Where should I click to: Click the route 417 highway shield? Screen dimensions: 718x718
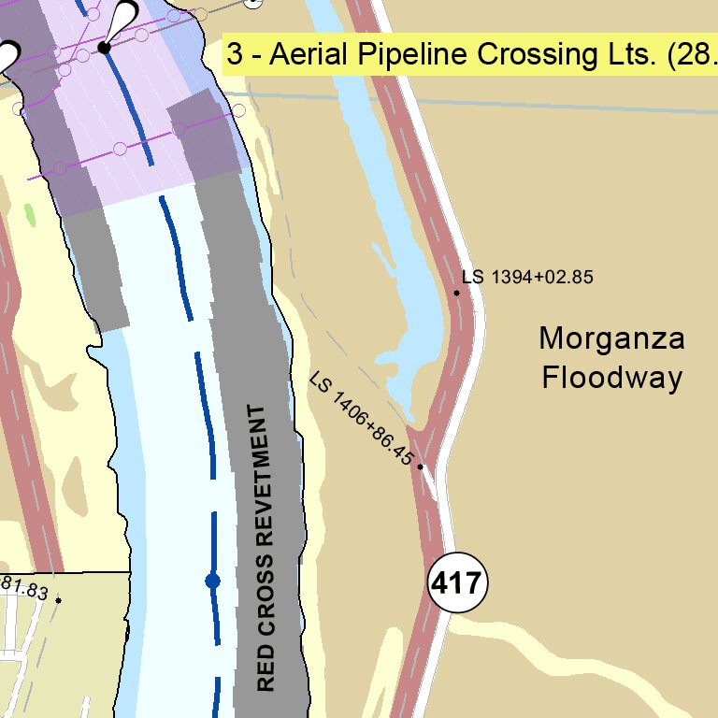point(458,584)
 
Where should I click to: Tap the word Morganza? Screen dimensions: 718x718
point(611,338)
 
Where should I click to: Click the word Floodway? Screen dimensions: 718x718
point(611,378)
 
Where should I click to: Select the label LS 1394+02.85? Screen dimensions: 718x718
point(527,278)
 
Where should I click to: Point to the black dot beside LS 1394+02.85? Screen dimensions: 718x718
point(457,294)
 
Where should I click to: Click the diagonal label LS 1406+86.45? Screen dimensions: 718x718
point(362,421)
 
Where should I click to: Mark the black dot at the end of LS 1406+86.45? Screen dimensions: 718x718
point(421,467)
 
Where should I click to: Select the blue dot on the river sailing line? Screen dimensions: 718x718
point(212,581)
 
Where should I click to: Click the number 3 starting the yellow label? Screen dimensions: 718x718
point(235,55)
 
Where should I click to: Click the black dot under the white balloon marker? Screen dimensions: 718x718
point(106,47)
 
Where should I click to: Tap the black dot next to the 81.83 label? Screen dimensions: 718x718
point(58,600)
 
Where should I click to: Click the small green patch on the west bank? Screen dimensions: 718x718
point(31,214)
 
